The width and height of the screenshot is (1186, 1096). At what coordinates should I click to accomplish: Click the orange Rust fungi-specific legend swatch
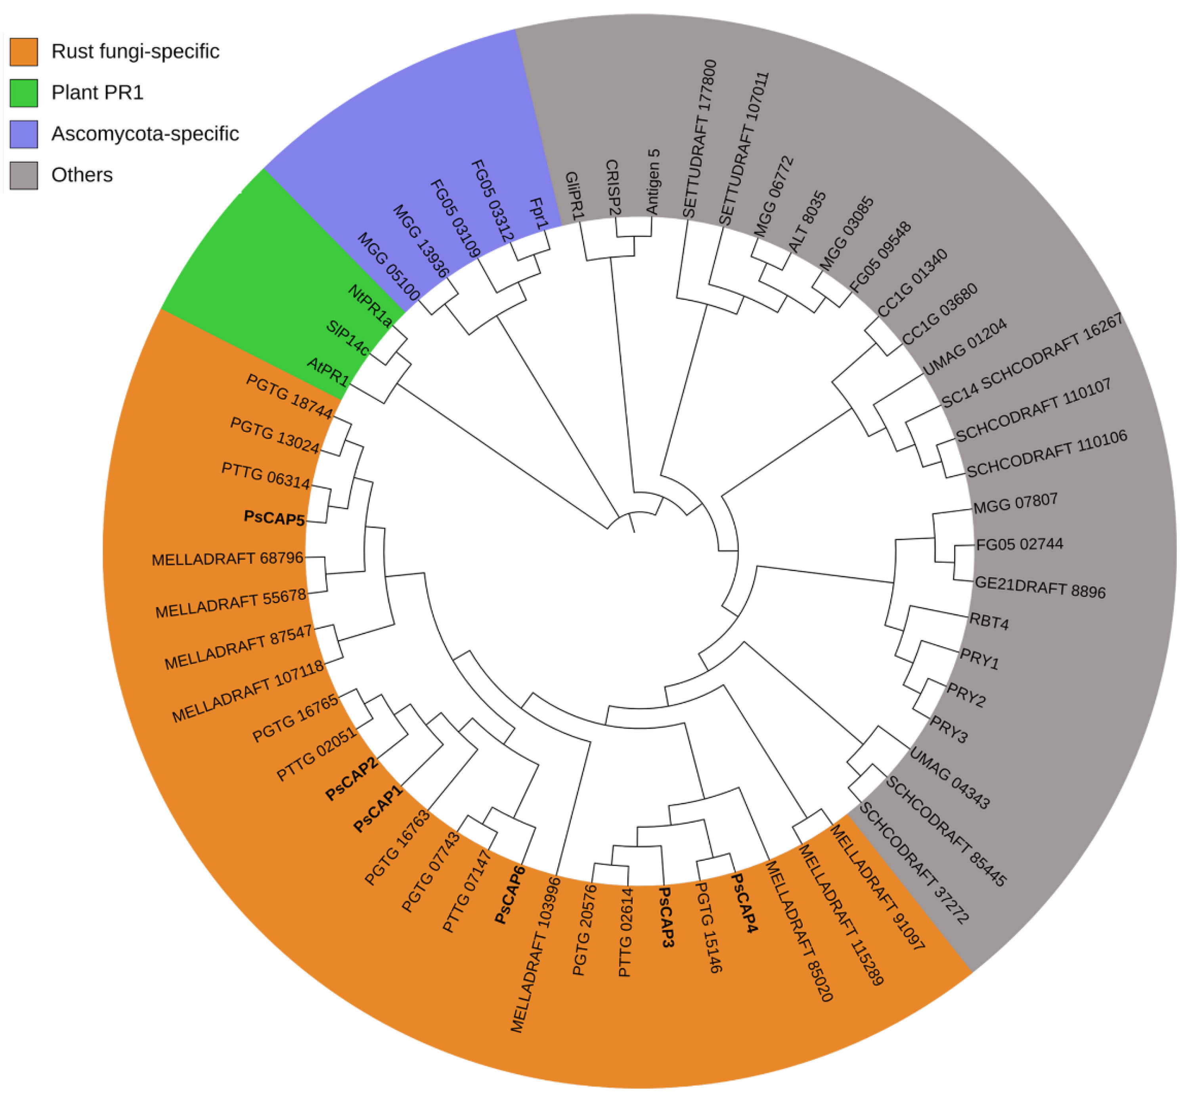click(x=24, y=52)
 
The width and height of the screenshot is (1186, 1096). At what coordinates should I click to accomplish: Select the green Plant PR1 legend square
click(x=24, y=93)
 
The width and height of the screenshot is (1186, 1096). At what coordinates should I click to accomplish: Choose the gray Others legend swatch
click(x=24, y=176)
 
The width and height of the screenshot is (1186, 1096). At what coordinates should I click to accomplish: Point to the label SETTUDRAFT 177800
click(x=699, y=139)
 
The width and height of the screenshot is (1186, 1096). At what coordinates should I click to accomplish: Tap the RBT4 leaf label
click(x=989, y=621)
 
